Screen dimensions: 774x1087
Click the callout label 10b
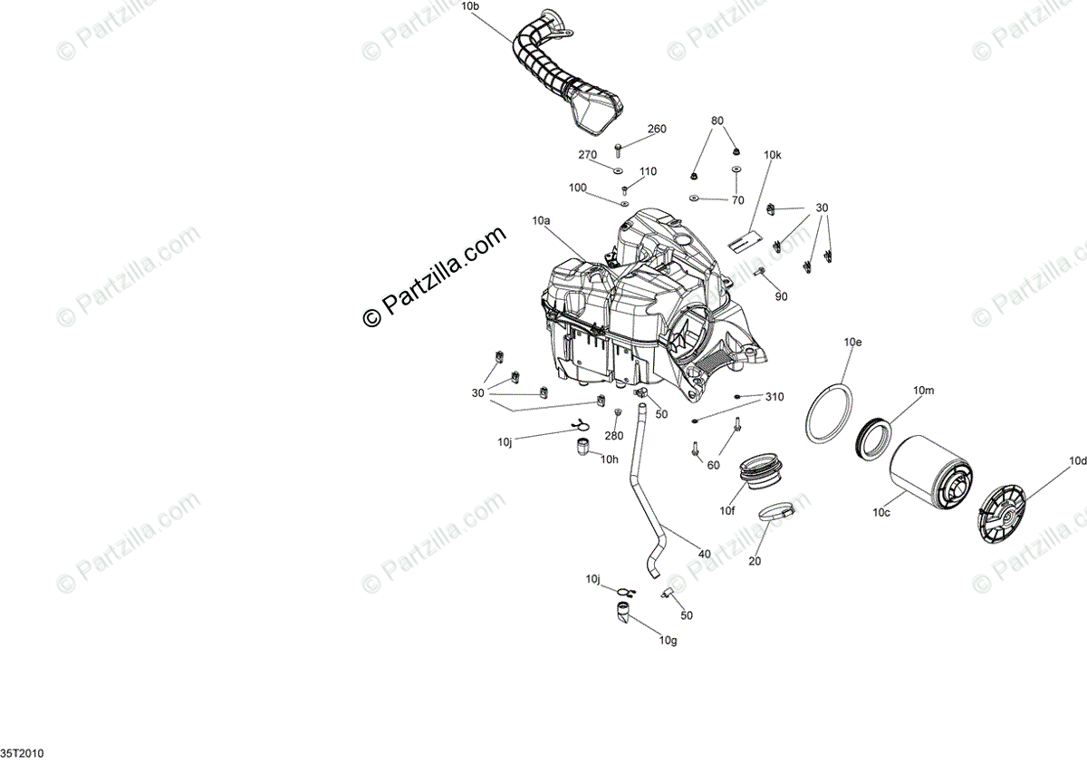[x=471, y=6]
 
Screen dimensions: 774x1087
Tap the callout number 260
[x=656, y=130]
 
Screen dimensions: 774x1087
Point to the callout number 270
[x=588, y=155]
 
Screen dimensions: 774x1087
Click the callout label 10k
[x=772, y=156]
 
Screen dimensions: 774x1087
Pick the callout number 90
[x=781, y=296]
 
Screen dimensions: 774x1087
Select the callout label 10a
[x=542, y=221]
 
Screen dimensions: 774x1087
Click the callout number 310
[x=774, y=397]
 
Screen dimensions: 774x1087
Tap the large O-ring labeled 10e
[x=828, y=414]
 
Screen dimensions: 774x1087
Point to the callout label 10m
[x=923, y=391]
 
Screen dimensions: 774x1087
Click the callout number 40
[x=704, y=555]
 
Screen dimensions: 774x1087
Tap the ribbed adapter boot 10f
[x=758, y=472]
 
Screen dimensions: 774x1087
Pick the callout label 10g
[x=668, y=641]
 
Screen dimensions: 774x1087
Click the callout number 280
[x=614, y=437]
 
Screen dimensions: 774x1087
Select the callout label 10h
[x=609, y=460]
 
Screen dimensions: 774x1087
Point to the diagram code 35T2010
[x=22, y=754]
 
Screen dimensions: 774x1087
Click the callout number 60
[x=714, y=465]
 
